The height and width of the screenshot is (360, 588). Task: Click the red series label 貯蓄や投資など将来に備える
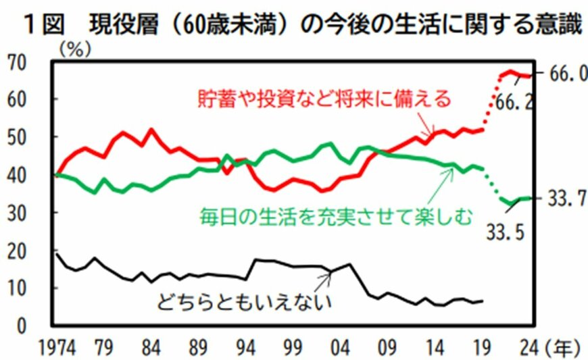click(x=324, y=99)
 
